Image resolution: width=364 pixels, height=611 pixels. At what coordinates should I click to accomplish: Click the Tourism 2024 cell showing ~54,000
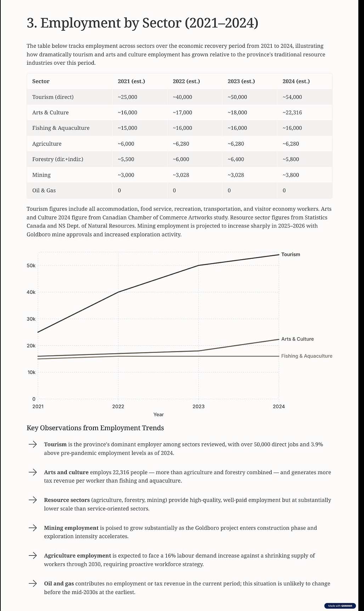coord(292,97)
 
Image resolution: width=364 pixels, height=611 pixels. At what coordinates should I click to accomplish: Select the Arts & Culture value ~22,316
coord(292,112)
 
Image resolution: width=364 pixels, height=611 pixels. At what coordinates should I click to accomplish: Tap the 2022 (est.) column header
coord(186,81)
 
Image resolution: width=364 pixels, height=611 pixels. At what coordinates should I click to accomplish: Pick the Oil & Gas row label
coord(44,190)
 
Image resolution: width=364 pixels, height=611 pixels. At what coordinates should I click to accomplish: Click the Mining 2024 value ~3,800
coord(291,175)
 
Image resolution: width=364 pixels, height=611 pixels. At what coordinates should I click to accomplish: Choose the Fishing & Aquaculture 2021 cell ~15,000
coord(127,128)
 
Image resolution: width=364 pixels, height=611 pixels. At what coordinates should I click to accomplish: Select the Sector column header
coord(41,81)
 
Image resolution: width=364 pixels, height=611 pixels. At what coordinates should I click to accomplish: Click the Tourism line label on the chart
coord(290,255)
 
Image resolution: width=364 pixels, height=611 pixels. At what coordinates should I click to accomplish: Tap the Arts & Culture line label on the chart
coord(297,339)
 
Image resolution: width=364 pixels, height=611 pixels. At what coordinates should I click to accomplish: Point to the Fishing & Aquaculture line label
coord(307,356)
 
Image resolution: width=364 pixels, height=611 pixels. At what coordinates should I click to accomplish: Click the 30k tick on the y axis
coord(31,319)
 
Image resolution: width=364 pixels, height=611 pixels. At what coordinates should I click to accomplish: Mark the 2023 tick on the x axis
coord(198,406)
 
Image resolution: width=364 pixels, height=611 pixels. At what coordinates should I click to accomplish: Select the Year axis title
coord(159,414)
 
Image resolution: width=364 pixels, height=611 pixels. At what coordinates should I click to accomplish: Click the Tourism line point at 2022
coord(118,292)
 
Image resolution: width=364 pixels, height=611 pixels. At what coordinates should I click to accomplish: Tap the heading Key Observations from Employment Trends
coord(95,428)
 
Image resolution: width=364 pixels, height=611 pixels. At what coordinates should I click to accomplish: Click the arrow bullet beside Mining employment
coord(33,528)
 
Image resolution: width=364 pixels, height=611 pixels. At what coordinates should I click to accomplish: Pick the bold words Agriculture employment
coord(78,555)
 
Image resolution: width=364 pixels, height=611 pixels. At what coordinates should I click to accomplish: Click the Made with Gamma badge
coord(340,606)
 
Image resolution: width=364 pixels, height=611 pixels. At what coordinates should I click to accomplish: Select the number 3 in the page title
coord(32,23)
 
